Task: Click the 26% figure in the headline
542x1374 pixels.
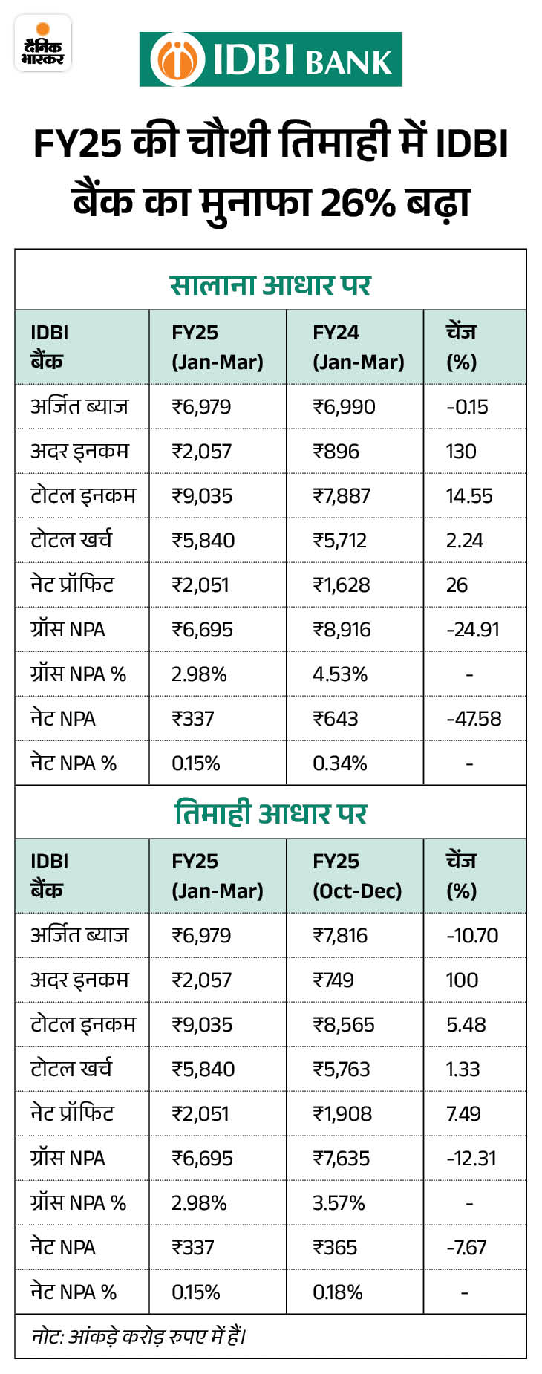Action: pos(358,202)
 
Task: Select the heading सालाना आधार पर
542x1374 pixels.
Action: pos(270,285)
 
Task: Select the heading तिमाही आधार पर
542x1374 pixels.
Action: pos(270,813)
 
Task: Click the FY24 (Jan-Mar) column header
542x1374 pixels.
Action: pos(358,347)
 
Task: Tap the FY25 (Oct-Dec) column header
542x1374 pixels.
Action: pos(356,876)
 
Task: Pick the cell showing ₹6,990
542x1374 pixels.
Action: pos(344,407)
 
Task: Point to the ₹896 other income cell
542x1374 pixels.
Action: pos(336,452)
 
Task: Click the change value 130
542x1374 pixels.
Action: pos(461,452)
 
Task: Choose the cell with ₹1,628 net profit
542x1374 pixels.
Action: pos(341,585)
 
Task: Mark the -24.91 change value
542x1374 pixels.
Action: pos(473,630)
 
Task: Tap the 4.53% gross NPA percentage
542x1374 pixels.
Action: pos(339,674)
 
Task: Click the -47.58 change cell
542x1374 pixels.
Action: pos(474,719)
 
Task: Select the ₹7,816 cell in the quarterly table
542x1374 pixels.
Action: pos(340,936)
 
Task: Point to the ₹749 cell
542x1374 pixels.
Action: pos(333,980)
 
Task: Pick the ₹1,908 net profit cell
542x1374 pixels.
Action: pos(342,1114)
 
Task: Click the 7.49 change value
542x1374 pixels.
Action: pos(463,1114)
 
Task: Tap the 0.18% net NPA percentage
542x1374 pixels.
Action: pos(337,1292)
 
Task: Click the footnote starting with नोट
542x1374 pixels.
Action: pos(139,1336)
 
